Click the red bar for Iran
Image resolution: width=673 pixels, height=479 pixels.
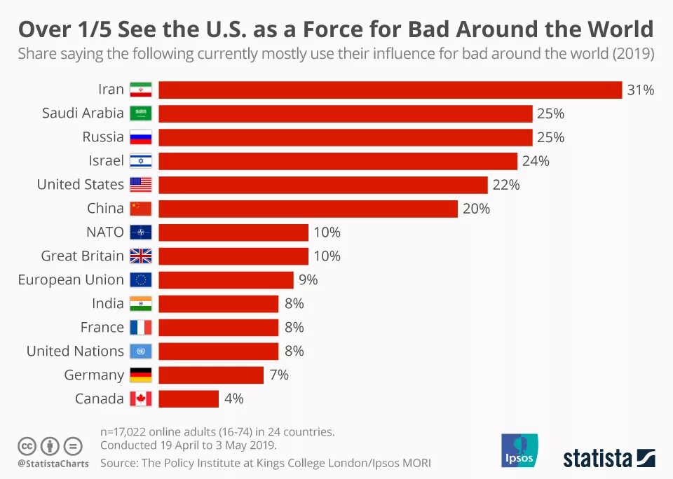tap(390, 90)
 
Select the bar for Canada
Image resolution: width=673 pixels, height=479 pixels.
tap(189, 399)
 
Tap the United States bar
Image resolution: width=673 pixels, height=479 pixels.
tap(322, 185)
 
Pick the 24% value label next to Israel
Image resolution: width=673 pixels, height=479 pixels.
tap(536, 161)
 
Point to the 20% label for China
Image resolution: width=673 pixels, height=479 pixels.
tap(476, 209)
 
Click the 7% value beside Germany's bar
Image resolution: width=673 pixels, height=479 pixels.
tap(279, 375)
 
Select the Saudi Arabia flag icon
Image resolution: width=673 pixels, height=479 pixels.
tap(141, 113)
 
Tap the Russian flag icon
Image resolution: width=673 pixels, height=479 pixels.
tap(141, 137)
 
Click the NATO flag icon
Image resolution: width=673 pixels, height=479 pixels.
tap(141, 232)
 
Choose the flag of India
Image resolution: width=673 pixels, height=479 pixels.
tap(141, 304)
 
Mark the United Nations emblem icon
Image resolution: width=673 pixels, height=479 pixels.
tap(141, 352)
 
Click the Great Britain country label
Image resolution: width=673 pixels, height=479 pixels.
tap(82, 256)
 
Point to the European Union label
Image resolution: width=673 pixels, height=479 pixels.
tap(71, 280)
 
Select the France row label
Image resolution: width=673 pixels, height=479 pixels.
tap(102, 328)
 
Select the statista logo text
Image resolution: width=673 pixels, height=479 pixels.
tap(597, 459)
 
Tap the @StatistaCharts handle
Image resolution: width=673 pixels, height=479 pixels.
tap(53, 464)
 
